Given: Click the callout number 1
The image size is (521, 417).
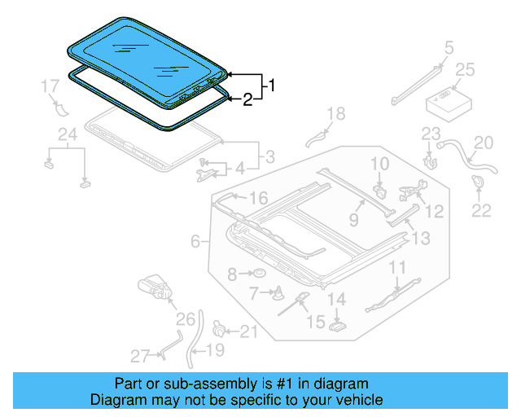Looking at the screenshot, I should [x=273, y=85].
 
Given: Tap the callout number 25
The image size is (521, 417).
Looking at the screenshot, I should [x=464, y=70].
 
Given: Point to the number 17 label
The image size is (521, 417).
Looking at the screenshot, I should [x=50, y=86].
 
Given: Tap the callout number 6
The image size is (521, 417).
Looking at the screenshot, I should [x=195, y=241].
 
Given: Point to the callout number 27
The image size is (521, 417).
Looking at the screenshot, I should [x=141, y=355].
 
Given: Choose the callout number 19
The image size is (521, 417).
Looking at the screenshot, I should [x=214, y=351].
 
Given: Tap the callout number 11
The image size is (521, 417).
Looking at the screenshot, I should [x=396, y=266].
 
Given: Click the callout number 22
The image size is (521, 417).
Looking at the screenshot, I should [x=482, y=211].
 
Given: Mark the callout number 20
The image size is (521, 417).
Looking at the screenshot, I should [x=484, y=143].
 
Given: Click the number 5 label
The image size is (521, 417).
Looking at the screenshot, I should [x=449, y=48].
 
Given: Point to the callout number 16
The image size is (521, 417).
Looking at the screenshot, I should [x=258, y=199].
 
